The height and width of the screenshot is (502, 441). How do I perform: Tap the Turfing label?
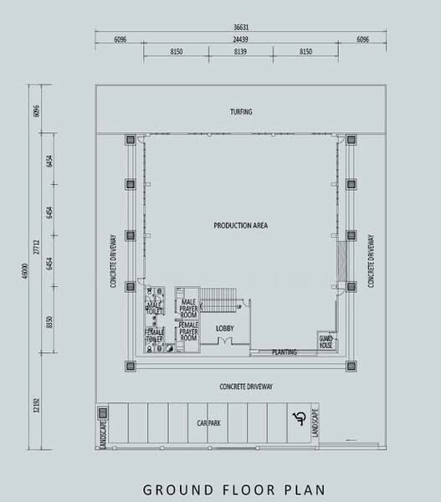tap(241, 111)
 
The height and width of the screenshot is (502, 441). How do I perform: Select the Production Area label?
tap(240, 226)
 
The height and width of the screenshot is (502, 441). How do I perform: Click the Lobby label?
tap(223, 328)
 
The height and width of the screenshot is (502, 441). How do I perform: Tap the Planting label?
tap(285, 352)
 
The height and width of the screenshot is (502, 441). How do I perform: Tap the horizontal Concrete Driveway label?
tap(247, 387)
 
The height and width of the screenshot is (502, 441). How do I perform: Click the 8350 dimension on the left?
tap(49, 325)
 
